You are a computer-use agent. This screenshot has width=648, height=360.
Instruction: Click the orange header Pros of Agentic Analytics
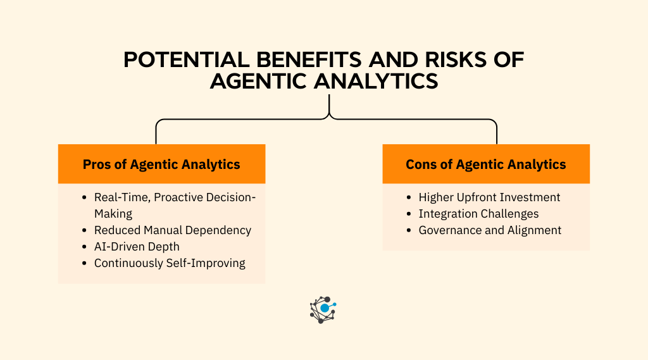tap(161, 164)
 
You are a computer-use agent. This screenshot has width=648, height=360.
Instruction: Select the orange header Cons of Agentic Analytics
tap(486, 164)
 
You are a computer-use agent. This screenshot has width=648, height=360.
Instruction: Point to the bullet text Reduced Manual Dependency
tap(173, 230)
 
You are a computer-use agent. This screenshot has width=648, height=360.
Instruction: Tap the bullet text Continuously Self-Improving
tap(170, 263)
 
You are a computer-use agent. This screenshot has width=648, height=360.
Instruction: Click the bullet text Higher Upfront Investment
tap(489, 197)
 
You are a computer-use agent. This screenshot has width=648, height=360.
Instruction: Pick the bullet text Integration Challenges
tap(478, 214)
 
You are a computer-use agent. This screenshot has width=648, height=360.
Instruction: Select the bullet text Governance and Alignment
tap(490, 230)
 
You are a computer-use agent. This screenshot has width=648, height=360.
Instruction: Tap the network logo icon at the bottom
tap(323, 309)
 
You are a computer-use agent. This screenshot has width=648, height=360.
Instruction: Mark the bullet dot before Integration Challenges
tap(409, 214)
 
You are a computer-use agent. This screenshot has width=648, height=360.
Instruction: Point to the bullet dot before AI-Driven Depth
tap(85, 247)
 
